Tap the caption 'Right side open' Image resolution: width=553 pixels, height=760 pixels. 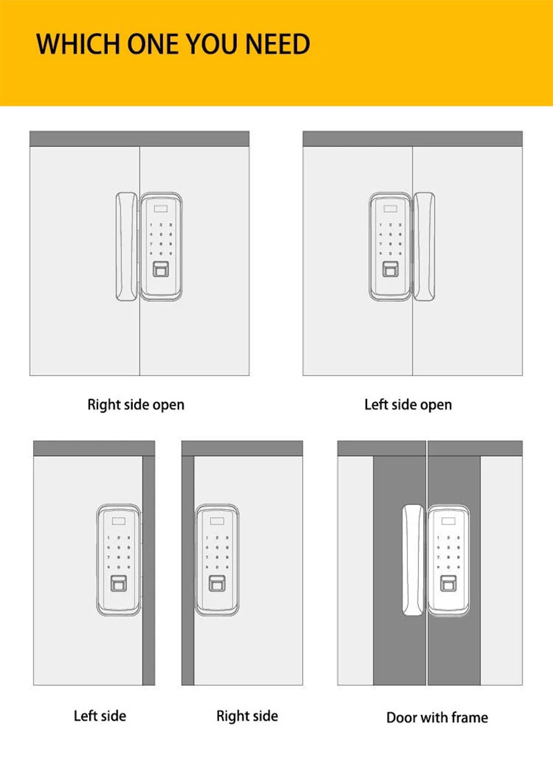135,404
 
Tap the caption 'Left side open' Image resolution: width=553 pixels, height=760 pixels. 408,404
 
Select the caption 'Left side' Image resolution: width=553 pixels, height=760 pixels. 100,715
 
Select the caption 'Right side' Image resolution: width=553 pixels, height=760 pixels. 247,715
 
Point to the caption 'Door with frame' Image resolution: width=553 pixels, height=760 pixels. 437,717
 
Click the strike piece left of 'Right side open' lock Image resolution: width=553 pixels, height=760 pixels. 126,245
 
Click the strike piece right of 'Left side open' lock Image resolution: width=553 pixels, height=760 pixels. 424,245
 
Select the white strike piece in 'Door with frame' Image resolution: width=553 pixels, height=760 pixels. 413,560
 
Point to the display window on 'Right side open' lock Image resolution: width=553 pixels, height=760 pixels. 161,205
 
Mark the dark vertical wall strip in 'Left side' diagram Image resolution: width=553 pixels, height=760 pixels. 148,570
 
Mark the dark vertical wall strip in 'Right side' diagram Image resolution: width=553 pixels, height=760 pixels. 187,570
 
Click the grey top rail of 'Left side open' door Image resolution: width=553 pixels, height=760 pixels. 412,138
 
